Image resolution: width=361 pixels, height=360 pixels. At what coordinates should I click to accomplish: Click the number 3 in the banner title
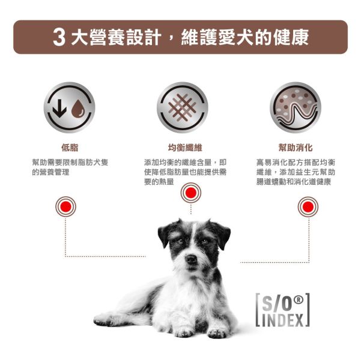click(x=58, y=37)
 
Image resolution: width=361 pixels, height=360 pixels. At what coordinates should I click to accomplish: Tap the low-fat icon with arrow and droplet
click(x=69, y=107)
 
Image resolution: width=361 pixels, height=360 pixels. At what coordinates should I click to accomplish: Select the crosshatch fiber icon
click(x=182, y=107)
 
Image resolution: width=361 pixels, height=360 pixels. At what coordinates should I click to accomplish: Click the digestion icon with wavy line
click(x=295, y=107)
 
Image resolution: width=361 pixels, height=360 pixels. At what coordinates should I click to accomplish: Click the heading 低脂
click(x=69, y=148)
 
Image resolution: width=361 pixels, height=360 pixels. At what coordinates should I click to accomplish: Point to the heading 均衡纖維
click(x=182, y=148)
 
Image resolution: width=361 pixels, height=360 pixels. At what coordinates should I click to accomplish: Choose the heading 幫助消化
click(x=295, y=148)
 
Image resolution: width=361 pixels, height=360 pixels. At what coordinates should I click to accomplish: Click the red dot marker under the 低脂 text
click(x=65, y=207)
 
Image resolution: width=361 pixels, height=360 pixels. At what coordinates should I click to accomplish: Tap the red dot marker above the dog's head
click(x=191, y=193)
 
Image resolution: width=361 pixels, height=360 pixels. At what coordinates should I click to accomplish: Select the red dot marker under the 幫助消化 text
click(x=309, y=207)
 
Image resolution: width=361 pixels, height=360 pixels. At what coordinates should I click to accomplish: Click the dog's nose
click(x=191, y=259)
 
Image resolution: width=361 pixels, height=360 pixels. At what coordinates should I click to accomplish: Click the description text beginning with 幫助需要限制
click(x=70, y=167)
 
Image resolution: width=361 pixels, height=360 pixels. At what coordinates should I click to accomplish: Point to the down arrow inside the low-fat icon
click(x=60, y=108)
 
